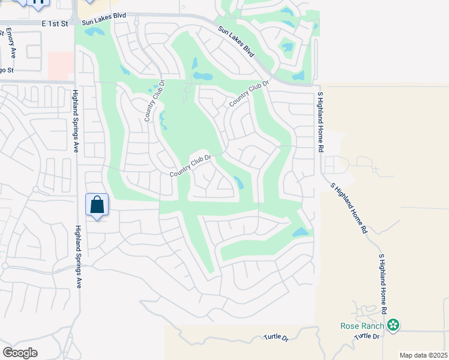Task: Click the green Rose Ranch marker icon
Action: [x=393, y=325]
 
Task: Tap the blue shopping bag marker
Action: [x=97, y=205]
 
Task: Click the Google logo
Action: [x=20, y=352]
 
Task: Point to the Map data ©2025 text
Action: [x=423, y=355]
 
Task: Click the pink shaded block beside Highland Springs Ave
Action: [x=60, y=65]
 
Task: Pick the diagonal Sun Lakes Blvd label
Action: [x=237, y=41]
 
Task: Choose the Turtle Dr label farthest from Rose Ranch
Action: [x=276, y=338]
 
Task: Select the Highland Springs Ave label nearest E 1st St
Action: [x=76, y=121]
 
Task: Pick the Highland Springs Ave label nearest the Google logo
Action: [x=77, y=257]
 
